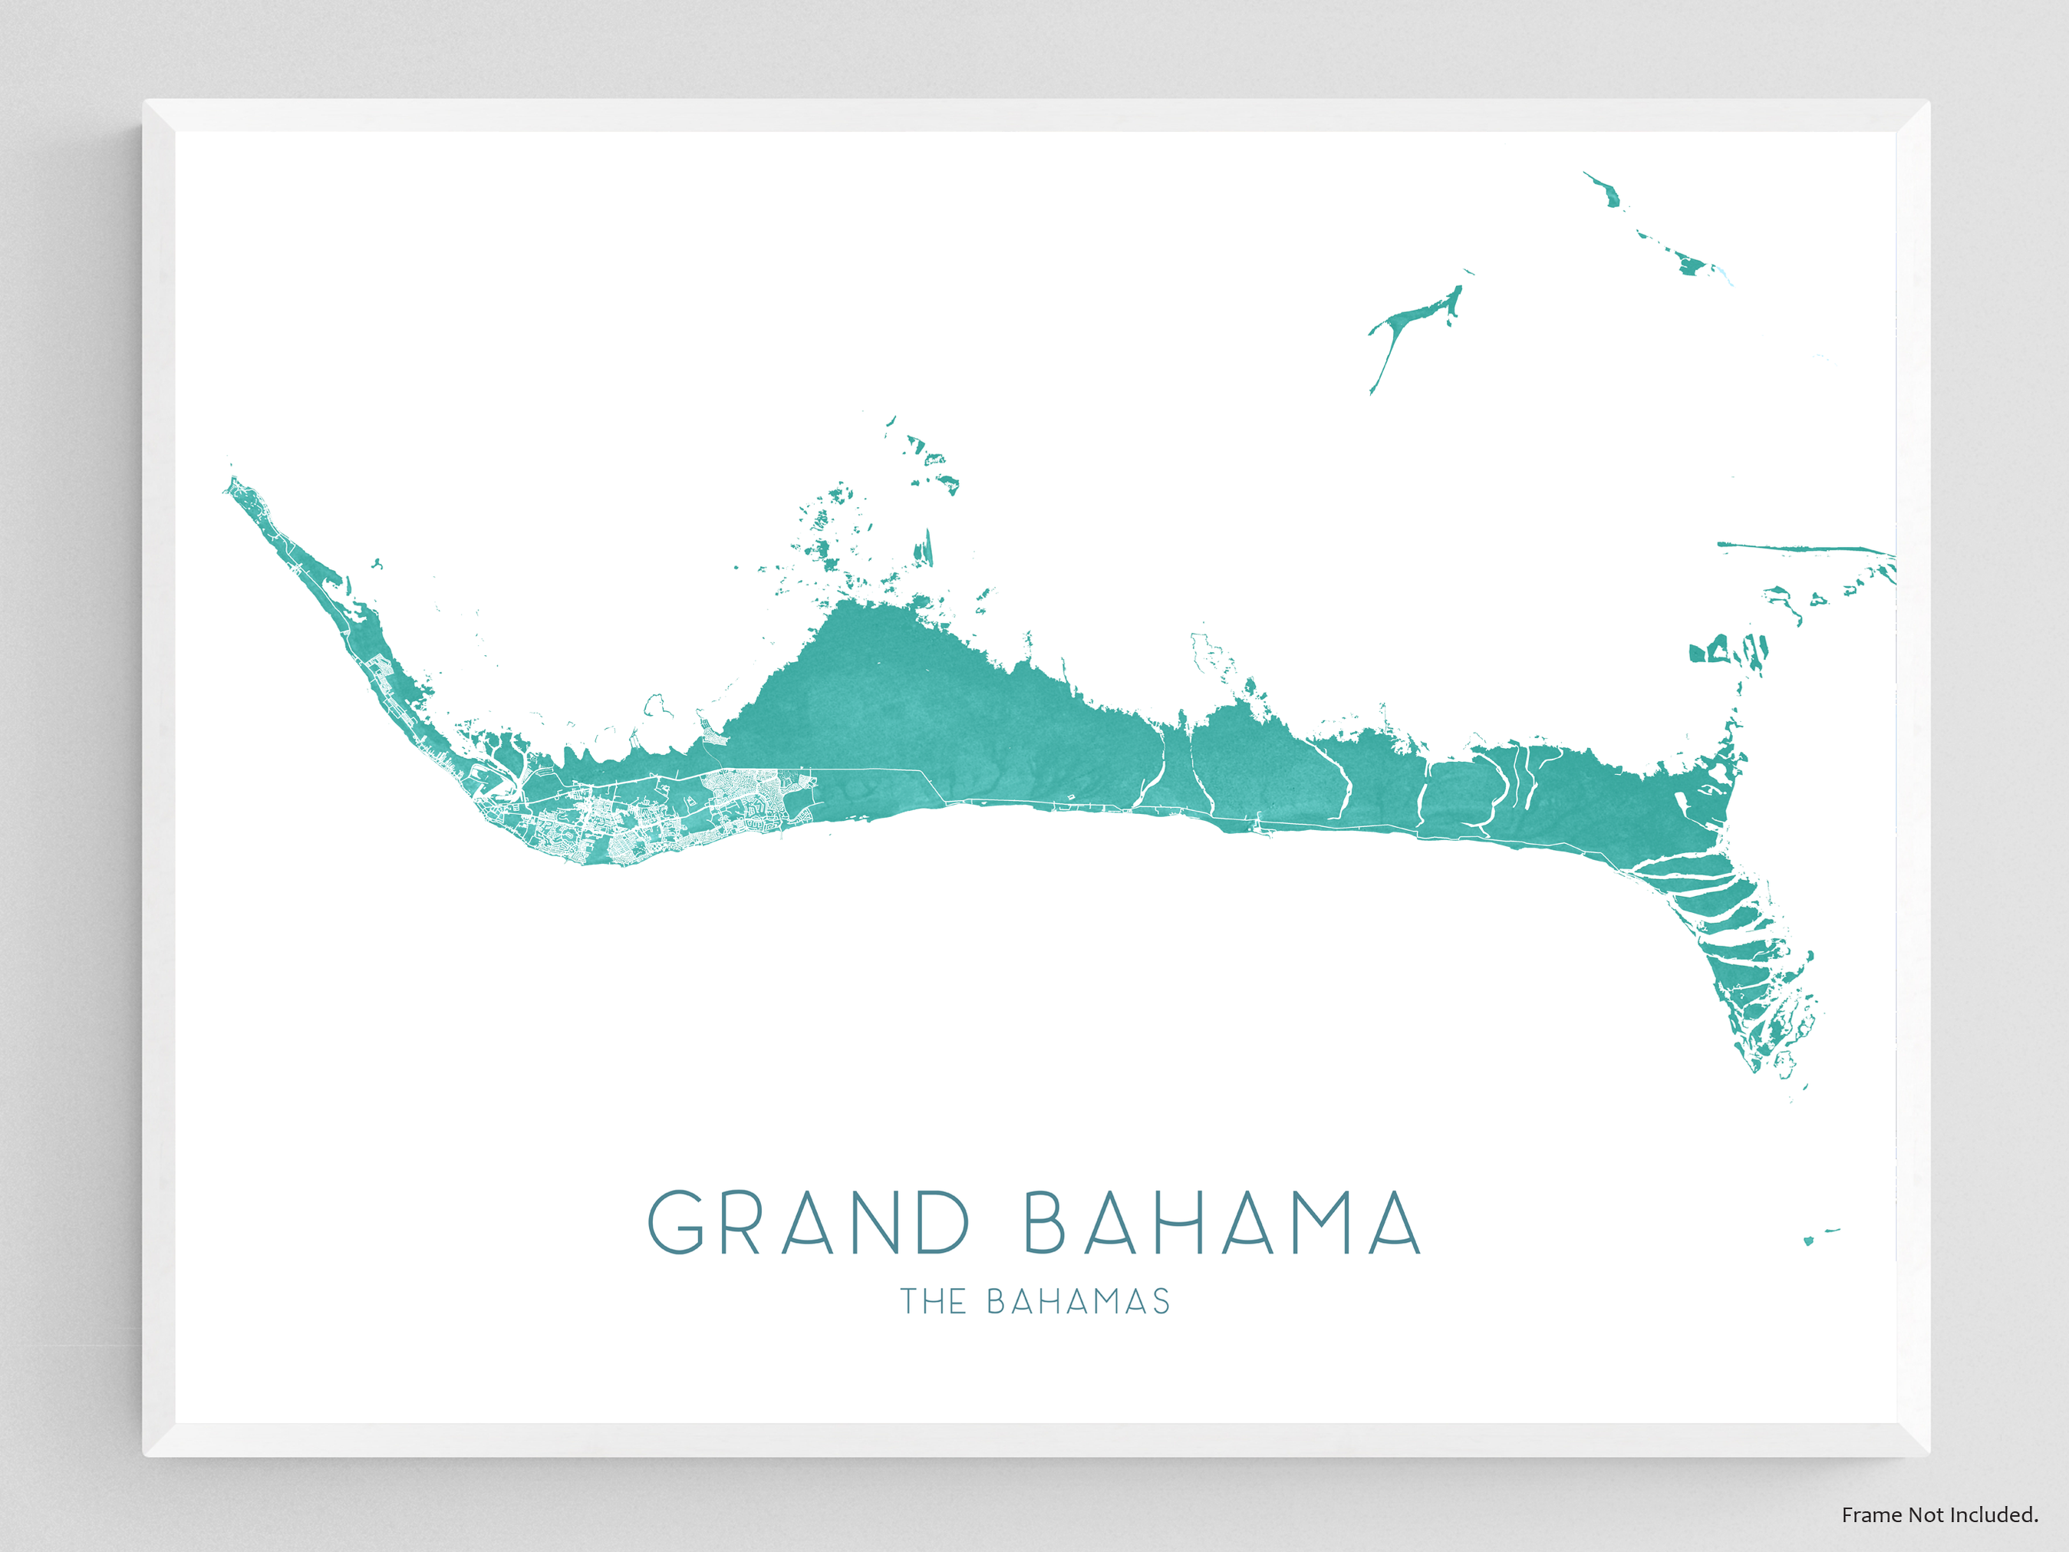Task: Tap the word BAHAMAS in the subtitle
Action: click(1078, 1301)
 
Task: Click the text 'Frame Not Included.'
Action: click(1939, 1514)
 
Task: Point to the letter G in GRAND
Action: click(675, 1222)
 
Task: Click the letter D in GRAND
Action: click(942, 1222)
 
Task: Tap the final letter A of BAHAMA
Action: click(1395, 1222)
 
